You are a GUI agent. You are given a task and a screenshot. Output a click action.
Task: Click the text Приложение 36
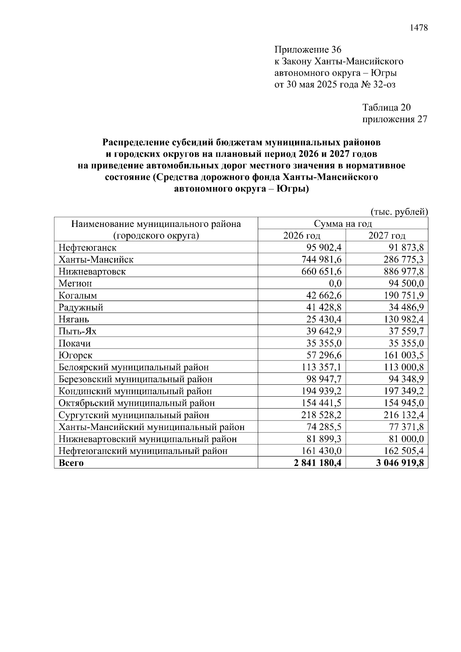click(x=308, y=50)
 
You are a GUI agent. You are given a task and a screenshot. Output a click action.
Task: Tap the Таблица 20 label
click(x=386, y=108)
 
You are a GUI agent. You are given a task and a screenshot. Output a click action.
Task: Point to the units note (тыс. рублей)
click(x=399, y=212)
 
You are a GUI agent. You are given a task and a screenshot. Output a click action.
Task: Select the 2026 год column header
click(x=302, y=235)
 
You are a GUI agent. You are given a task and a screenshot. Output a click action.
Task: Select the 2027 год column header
click(x=386, y=235)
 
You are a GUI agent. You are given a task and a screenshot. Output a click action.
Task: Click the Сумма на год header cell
click(x=343, y=223)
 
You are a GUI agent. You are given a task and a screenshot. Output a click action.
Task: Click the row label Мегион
click(x=75, y=283)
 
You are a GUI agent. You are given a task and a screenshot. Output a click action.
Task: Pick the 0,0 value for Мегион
click(x=333, y=283)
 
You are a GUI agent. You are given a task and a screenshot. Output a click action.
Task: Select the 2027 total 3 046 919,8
click(x=400, y=463)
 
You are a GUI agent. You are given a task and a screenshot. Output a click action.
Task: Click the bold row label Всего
click(x=71, y=463)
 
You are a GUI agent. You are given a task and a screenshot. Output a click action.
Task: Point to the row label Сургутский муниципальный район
click(x=134, y=415)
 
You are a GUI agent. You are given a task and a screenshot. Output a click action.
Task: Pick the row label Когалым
click(x=78, y=295)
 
